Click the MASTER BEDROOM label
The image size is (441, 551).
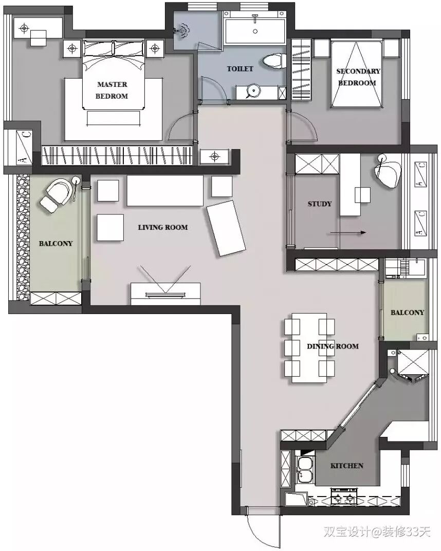point(112,90)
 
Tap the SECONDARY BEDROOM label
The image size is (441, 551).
point(358,77)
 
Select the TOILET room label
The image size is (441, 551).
point(240,69)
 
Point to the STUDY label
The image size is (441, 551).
point(319,204)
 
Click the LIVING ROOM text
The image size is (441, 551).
point(163,227)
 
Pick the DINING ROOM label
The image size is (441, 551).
point(333,346)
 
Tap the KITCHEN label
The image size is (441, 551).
point(347,466)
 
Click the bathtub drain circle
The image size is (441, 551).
point(255,31)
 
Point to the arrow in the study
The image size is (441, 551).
point(348,233)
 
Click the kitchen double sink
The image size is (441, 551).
point(305,470)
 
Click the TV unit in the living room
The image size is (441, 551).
point(166,293)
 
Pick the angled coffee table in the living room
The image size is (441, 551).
point(226,228)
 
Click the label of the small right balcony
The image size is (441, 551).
point(407,313)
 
